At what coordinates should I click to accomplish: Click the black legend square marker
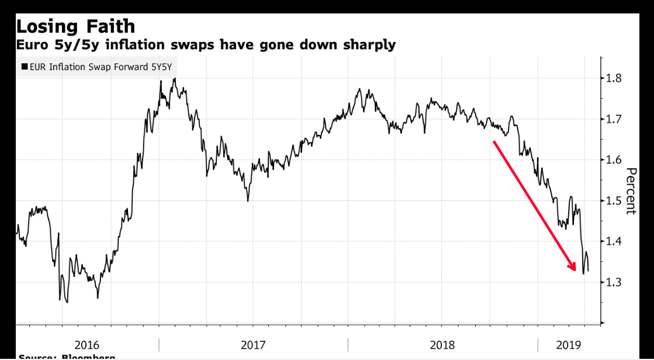24,67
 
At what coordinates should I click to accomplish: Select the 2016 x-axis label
87,345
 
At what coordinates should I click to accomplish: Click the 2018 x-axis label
442,345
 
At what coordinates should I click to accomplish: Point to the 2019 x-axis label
568,345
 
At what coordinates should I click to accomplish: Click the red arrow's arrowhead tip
575,271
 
